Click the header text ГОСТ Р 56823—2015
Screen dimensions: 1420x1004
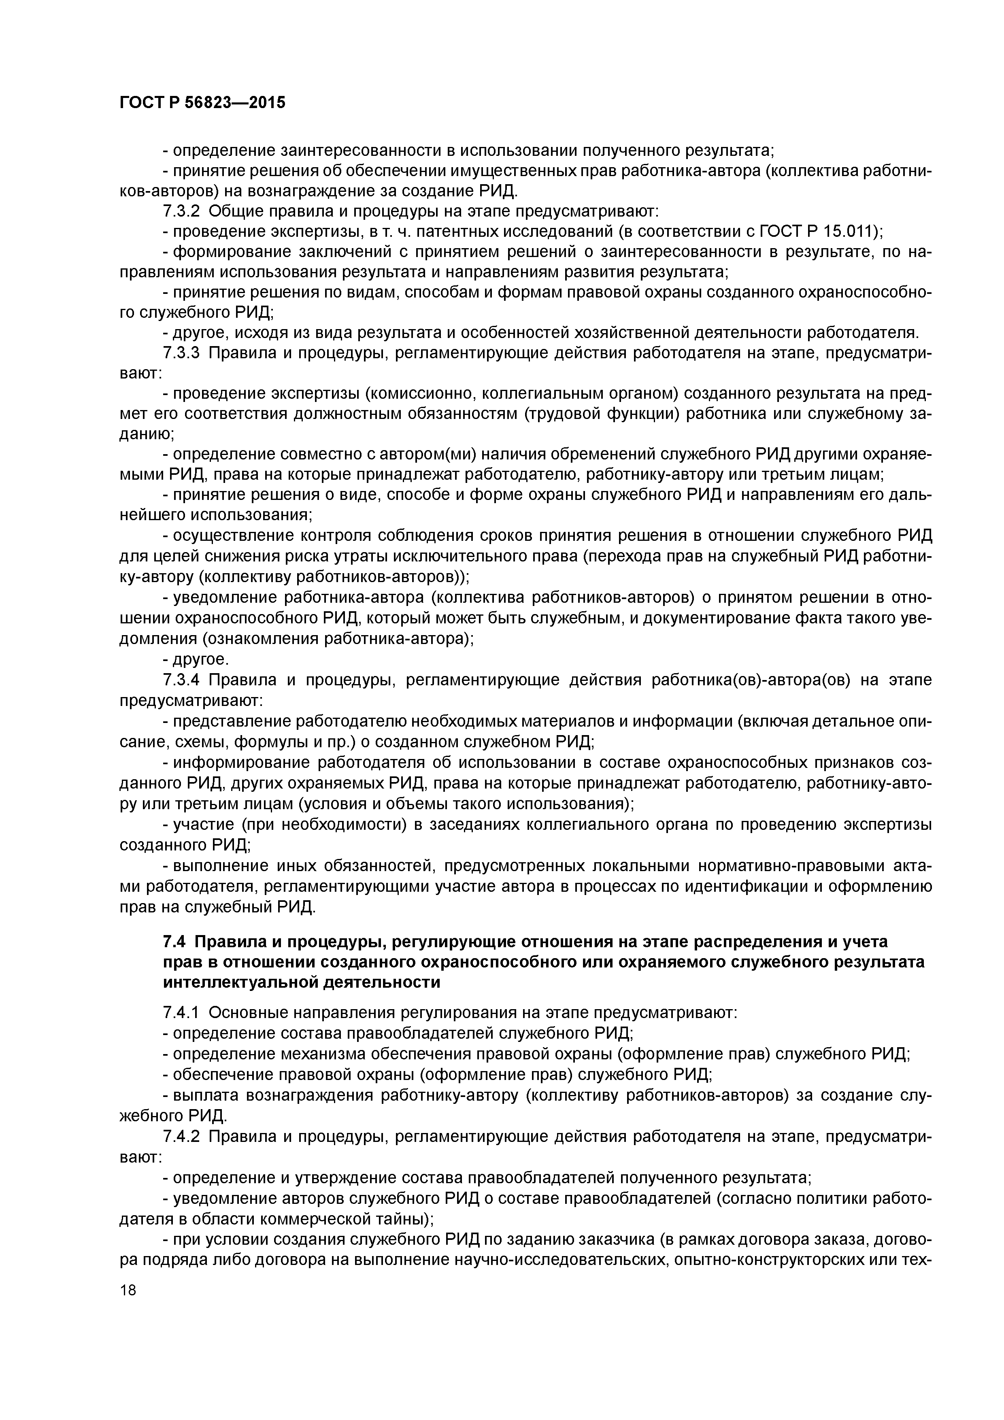coord(202,103)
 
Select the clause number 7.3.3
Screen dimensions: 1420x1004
coord(181,353)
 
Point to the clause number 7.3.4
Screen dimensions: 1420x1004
coord(181,680)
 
